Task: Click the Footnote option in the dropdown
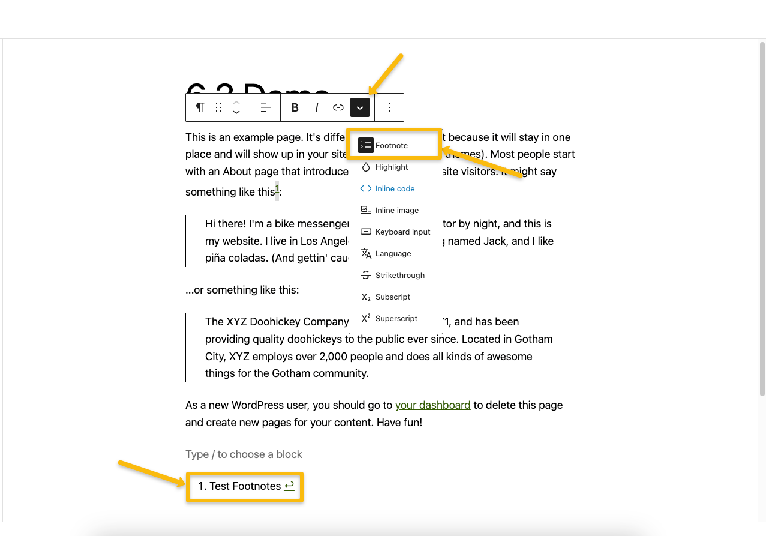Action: tap(391, 145)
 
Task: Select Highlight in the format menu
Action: tap(391, 167)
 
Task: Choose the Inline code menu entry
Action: tap(395, 188)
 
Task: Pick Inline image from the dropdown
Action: tap(396, 210)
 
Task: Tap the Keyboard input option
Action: tap(402, 232)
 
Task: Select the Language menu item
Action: tap(393, 253)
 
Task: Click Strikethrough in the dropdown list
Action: tap(399, 275)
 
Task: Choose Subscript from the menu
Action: tap(392, 297)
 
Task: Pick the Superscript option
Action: tap(396, 318)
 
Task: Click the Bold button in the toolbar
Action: tap(295, 107)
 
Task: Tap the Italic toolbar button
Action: tap(317, 107)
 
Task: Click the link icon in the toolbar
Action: tap(338, 107)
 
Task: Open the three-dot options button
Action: tap(389, 107)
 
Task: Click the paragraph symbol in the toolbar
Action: tap(200, 107)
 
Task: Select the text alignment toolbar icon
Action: tap(266, 107)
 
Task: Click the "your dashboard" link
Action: tap(432, 405)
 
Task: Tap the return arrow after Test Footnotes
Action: tap(289, 486)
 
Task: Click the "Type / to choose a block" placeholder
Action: tap(244, 454)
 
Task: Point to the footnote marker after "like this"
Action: tap(277, 190)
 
